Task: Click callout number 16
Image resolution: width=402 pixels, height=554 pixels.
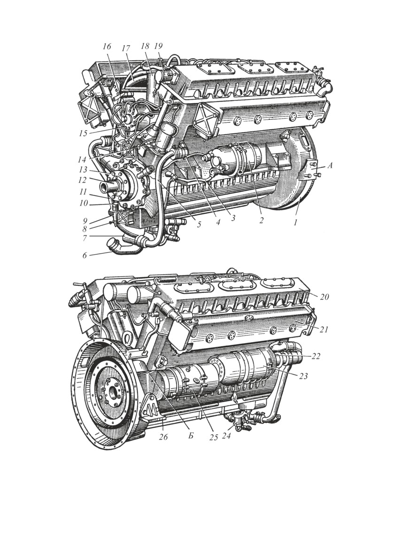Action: click(x=107, y=47)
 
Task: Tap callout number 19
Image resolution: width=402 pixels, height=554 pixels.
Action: click(x=158, y=46)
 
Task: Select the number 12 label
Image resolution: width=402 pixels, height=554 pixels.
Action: click(x=82, y=180)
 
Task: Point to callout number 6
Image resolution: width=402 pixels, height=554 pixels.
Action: click(x=85, y=256)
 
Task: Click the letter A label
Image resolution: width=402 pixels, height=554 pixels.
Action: click(x=330, y=165)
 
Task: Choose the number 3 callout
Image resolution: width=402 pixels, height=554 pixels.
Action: click(x=233, y=218)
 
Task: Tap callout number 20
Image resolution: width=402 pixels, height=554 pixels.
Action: click(x=325, y=297)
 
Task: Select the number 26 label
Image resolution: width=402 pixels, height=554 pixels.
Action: click(x=163, y=437)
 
